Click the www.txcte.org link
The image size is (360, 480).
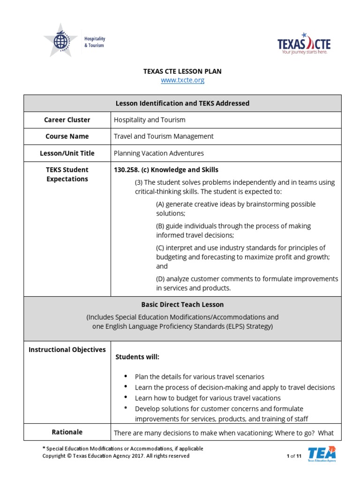point(182,80)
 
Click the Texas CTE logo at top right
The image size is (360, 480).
point(304,44)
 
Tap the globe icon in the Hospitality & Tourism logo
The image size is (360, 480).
point(60,41)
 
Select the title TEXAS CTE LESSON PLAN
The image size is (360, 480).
point(182,71)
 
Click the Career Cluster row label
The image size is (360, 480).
point(67,120)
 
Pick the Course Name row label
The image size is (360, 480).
point(67,136)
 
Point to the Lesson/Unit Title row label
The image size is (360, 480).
point(67,153)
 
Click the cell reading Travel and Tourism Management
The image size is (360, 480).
point(164,136)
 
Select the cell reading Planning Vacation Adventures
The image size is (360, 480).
point(159,153)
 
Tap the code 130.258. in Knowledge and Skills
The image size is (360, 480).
point(127,170)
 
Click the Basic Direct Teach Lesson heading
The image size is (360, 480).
point(182,304)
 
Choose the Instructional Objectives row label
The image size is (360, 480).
point(67,350)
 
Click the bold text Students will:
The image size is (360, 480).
point(137,357)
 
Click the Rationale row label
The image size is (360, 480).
point(67,432)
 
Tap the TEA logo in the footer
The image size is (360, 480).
point(322,453)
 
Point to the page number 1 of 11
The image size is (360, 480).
point(294,456)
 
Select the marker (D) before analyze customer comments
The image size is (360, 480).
point(160,279)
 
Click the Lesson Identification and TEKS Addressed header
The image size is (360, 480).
point(182,103)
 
